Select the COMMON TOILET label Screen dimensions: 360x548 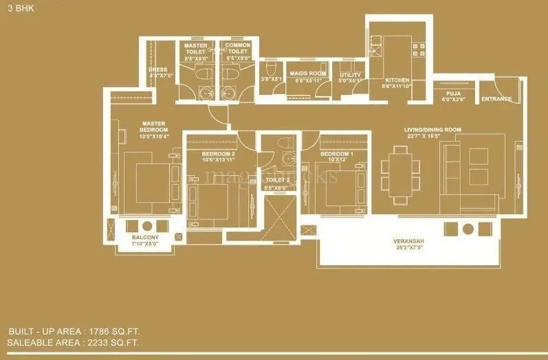click(238, 48)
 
